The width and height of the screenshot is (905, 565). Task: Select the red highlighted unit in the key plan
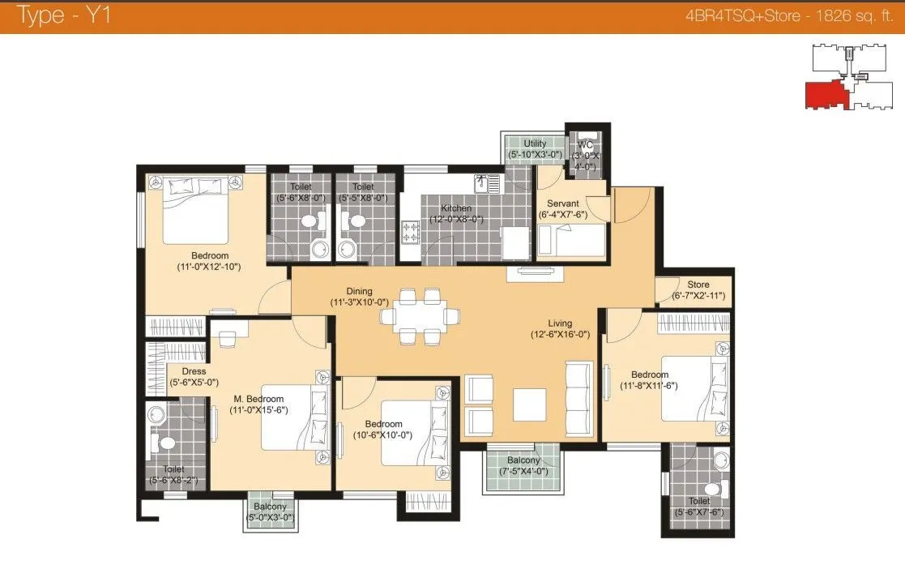(x=825, y=94)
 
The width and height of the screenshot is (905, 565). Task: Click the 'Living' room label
(x=559, y=323)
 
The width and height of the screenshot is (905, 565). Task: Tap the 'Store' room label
(x=698, y=285)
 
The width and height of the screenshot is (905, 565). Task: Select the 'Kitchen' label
(x=456, y=208)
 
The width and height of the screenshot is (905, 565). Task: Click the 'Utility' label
(x=535, y=143)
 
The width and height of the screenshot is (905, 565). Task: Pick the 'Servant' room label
(x=561, y=203)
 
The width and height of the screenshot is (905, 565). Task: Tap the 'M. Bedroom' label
(x=258, y=399)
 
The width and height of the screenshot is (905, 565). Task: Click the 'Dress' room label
(x=194, y=371)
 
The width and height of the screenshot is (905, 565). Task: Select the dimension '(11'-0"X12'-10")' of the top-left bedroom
(x=209, y=266)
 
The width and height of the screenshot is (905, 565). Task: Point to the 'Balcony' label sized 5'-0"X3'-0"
(x=270, y=507)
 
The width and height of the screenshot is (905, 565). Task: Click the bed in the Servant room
(x=572, y=240)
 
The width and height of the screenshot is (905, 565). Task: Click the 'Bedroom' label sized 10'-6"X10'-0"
(x=383, y=424)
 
